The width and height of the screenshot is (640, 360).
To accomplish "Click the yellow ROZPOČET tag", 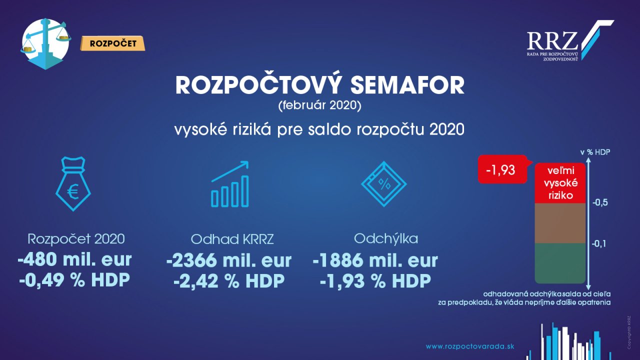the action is click(x=112, y=43).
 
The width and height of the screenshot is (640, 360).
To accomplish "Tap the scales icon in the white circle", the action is click(x=45, y=43).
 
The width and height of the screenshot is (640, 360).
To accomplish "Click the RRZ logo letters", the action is click(x=552, y=41).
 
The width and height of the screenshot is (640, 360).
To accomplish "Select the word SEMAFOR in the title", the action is click(x=407, y=85).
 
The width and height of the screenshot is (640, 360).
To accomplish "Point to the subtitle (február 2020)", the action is click(x=319, y=105).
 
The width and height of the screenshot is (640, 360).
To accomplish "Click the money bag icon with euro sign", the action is click(x=73, y=183).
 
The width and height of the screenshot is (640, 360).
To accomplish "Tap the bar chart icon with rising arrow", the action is click(x=230, y=184).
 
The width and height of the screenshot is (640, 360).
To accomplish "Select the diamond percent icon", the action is click(x=383, y=184).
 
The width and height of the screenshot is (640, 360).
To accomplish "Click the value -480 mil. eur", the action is click(x=75, y=259).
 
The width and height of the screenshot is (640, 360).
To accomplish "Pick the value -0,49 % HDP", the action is click(x=74, y=279).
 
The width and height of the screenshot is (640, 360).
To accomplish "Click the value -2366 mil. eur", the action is click(x=229, y=260).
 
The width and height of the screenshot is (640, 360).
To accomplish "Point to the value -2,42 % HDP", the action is click(x=229, y=281).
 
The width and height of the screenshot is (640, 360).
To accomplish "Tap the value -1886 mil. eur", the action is click(x=375, y=260).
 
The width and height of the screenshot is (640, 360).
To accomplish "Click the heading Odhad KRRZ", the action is click(x=232, y=239).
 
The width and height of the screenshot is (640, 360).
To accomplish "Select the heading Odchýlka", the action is click(x=386, y=238).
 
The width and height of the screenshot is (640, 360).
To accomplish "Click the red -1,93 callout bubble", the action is click(x=502, y=169).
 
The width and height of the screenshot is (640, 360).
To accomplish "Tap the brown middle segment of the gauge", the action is click(x=560, y=223).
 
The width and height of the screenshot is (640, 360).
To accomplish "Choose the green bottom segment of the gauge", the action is click(x=560, y=263).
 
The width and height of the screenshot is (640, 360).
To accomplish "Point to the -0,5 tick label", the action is click(x=600, y=203).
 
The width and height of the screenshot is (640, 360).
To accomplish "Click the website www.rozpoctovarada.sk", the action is click(x=470, y=346).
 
